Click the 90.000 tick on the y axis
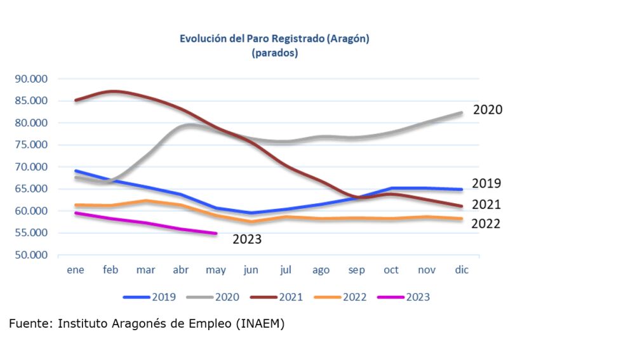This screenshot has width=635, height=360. [31, 79]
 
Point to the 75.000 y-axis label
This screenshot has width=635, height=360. [31, 145]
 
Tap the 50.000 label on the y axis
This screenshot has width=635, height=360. [31, 255]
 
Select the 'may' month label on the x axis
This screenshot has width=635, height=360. [216, 270]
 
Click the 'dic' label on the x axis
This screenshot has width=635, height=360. [462, 270]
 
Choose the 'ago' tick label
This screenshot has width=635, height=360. [321, 270]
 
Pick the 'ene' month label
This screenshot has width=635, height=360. [76, 270]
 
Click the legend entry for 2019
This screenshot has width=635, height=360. [149, 297]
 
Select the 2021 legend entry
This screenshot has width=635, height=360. [277, 297]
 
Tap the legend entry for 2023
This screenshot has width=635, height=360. [404, 297]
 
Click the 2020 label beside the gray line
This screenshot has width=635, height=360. [488, 110]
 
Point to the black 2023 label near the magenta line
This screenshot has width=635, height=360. [247, 239]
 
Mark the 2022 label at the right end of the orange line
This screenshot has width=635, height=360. [486, 223]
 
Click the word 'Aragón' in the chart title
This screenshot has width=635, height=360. [348, 39]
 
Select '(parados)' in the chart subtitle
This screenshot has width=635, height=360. [275, 53]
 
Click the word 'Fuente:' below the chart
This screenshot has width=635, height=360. [30, 324]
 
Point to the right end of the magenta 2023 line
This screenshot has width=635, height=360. [217, 233]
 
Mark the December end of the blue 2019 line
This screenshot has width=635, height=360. [461, 189]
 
